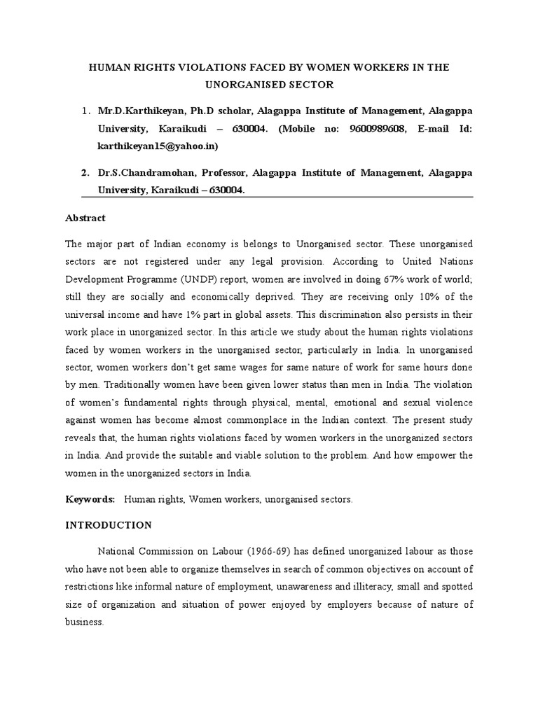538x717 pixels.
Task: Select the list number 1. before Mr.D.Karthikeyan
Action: point(85,111)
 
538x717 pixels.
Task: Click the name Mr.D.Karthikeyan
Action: point(134,111)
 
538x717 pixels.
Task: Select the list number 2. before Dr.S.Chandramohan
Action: point(85,172)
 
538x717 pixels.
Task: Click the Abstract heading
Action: point(85,218)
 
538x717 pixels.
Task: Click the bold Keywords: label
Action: point(90,501)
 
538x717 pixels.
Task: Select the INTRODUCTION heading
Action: point(109,524)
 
